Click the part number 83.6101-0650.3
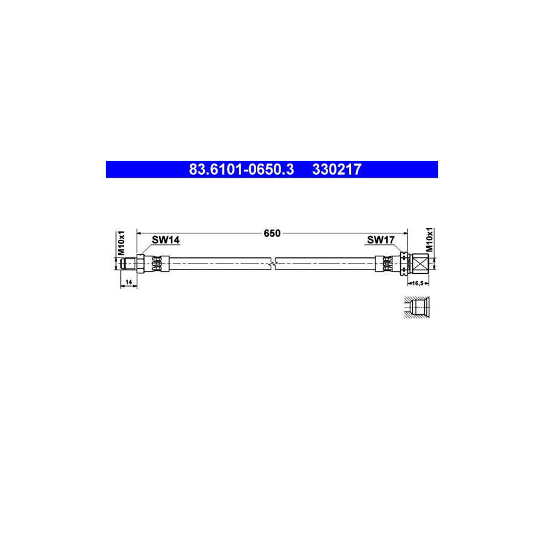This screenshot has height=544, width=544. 241,169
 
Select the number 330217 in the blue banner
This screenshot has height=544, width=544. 337,169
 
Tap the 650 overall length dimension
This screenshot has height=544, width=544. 272,233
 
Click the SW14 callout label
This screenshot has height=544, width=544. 165,240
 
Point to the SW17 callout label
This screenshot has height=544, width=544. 381,240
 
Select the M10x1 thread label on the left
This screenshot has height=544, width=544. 120,242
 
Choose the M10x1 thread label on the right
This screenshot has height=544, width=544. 430,240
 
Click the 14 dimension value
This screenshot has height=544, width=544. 128,282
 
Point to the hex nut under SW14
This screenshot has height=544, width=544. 141,264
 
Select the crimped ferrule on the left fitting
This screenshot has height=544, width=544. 157,264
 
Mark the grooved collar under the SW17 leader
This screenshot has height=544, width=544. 400,264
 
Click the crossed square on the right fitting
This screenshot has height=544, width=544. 419,264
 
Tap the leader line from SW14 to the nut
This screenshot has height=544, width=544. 146,250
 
